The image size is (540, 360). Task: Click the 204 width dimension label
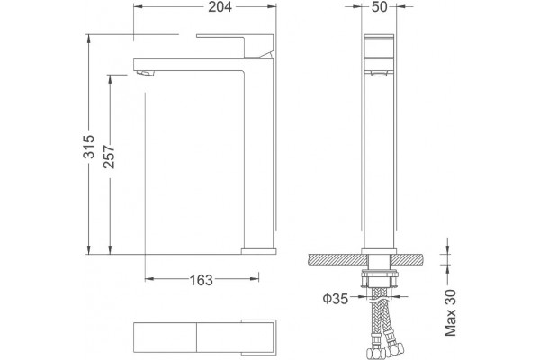coord(220,7)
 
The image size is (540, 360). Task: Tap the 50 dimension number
coord(379,7)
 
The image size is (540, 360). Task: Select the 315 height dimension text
coord(89,147)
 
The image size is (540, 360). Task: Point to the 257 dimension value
coord(110,157)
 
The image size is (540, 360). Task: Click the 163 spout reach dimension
coord(202,281)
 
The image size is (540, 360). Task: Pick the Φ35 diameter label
coord(335,299)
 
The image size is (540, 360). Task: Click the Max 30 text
coord(451,313)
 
